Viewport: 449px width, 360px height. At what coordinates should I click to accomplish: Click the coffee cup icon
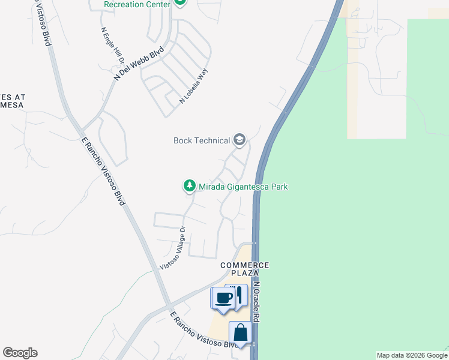[x=223, y=298]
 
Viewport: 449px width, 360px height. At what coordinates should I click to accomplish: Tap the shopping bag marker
[x=240, y=332]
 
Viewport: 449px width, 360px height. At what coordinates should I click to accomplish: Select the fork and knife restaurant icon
[x=238, y=295]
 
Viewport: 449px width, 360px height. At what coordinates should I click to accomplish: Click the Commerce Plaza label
[x=245, y=269]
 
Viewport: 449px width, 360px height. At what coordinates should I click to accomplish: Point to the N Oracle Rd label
[x=257, y=303]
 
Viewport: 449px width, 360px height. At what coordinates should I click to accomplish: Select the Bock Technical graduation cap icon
[x=240, y=140]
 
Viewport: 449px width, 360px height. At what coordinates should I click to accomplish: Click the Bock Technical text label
[x=202, y=140]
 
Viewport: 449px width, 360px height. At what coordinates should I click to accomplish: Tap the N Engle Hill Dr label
[x=112, y=46]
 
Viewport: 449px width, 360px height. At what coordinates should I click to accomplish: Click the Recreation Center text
[x=137, y=4]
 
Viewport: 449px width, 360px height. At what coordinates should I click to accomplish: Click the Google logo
[x=20, y=353]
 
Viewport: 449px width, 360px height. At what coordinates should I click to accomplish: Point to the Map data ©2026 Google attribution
[x=412, y=355]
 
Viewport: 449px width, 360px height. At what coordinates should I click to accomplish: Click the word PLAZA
[x=245, y=273]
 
